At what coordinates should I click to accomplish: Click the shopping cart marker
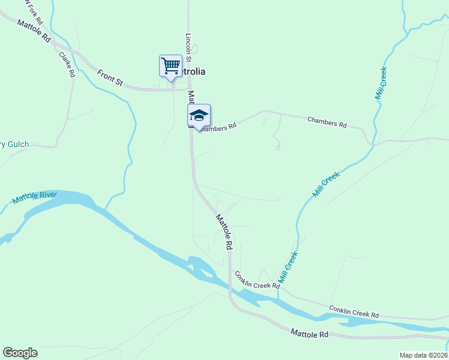tap(170, 65)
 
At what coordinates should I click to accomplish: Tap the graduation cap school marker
tap(199, 115)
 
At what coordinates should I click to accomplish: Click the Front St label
tap(110, 77)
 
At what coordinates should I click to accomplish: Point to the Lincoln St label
tap(188, 47)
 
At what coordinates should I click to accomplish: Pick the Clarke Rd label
tap(67, 65)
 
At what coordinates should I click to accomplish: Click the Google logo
tap(20, 353)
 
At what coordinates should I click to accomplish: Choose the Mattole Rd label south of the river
tap(310, 333)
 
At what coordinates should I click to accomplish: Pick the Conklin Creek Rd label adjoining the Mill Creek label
tap(257, 280)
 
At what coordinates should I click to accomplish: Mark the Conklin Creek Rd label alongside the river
tap(354, 311)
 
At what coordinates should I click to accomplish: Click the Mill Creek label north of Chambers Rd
tap(381, 83)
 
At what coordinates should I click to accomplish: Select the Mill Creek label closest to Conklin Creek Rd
tap(289, 267)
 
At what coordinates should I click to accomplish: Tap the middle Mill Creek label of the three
tap(326, 185)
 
